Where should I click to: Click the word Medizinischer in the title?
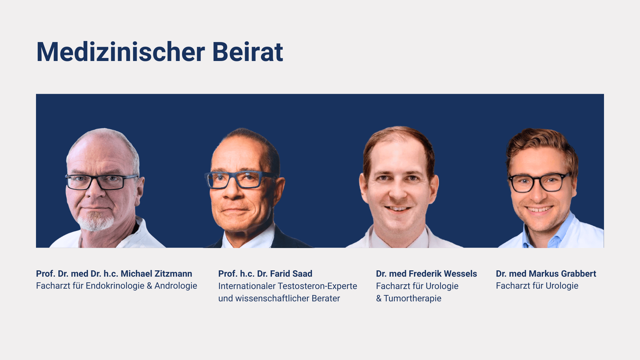120,52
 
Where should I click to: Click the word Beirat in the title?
247,52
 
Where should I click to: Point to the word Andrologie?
176,286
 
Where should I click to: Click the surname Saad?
302,274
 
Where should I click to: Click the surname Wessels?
460,274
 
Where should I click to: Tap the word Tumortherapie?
412,298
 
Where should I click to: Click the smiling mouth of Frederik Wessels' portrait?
398,209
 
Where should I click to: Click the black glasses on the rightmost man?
539,182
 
